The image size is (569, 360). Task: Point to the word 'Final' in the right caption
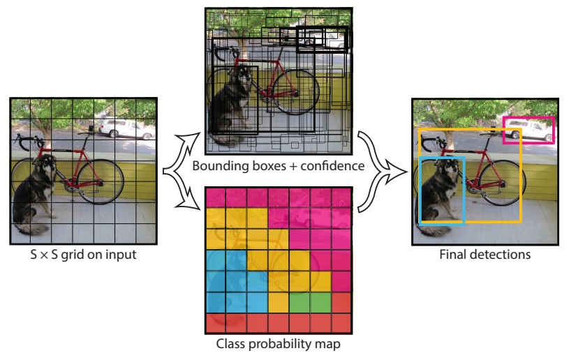tap(453, 255)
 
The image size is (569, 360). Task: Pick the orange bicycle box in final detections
tap(520, 174)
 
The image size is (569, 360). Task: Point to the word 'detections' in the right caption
tap(498, 255)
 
